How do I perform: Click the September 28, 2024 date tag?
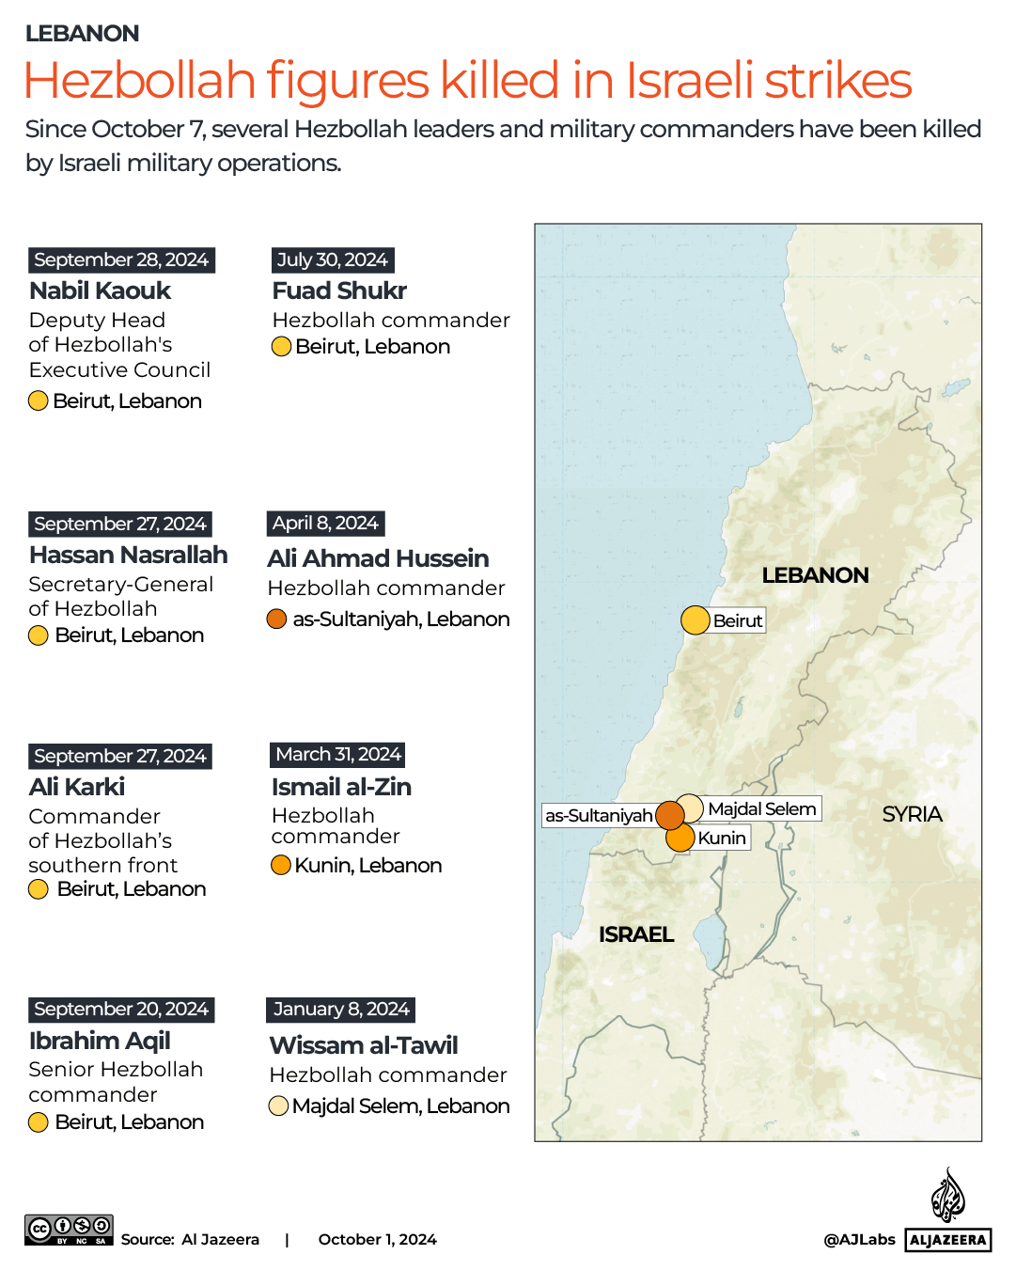click(121, 260)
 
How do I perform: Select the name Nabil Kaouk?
click(100, 290)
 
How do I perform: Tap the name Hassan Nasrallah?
click(128, 555)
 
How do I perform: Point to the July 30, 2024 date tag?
click(332, 260)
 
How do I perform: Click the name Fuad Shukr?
click(339, 290)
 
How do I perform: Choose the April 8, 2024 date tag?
click(325, 524)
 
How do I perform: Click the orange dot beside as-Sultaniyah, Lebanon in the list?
click(276, 619)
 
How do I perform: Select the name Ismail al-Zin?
click(341, 787)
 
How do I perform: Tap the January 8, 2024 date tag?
click(340, 1010)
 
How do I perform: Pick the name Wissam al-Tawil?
click(363, 1045)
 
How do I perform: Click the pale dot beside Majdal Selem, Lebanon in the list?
click(278, 1105)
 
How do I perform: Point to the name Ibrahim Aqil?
click(100, 1041)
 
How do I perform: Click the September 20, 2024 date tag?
click(121, 1010)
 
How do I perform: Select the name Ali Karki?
click(77, 787)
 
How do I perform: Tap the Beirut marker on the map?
click(695, 620)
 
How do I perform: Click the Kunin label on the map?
click(722, 838)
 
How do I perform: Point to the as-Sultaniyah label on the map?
click(599, 815)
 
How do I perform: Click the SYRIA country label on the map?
click(912, 814)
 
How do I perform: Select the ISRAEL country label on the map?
click(636, 934)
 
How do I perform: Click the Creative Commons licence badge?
click(69, 1230)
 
